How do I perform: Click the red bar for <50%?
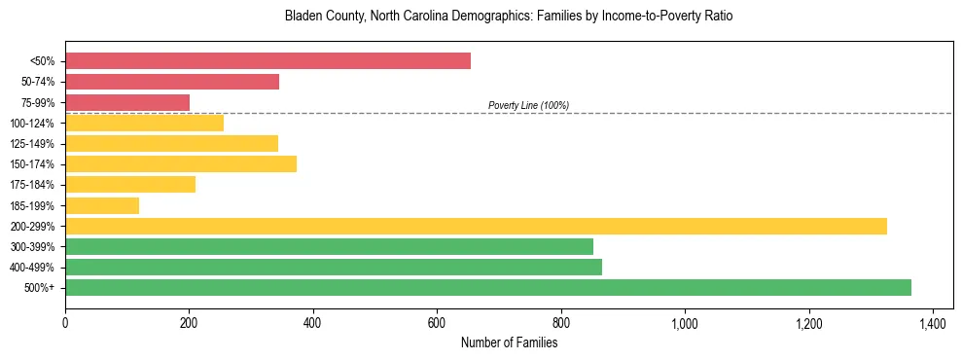(x=267, y=61)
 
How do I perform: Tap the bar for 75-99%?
(x=127, y=102)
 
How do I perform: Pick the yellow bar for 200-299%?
(x=476, y=226)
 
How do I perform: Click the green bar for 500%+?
(x=488, y=287)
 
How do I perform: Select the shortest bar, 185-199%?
(x=102, y=205)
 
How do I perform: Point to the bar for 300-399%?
(x=329, y=246)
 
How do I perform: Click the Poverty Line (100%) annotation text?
(x=528, y=105)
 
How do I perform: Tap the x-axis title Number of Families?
(x=509, y=342)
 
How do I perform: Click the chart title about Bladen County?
(x=509, y=17)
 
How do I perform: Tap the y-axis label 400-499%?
(x=33, y=268)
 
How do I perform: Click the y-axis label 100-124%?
(x=33, y=124)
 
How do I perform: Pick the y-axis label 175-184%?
(x=33, y=185)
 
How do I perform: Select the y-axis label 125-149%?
(x=33, y=144)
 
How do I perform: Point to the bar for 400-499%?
(x=334, y=267)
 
